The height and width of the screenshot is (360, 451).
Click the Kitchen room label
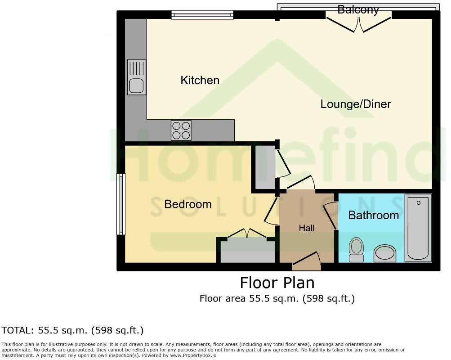click(x=200, y=80)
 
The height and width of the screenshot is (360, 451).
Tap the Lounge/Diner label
click(x=356, y=104)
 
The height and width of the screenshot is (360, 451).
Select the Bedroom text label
click(x=188, y=204)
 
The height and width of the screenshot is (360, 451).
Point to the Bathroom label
click(x=374, y=215)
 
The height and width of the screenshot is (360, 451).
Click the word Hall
click(x=307, y=228)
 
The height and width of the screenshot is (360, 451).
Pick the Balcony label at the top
click(x=358, y=9)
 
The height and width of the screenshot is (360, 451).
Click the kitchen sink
click(x=137, y=77)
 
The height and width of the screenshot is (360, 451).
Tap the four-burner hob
click(x=181, y=130)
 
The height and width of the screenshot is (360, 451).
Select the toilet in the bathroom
click(x=357, y=250)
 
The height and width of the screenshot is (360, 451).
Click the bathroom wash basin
click(x=385, y=253)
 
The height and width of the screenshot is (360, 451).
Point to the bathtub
click(x=418, y=228)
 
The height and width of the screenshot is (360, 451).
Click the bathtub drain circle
click(x=419, y=202)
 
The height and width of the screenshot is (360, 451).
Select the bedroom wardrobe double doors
click(x=247, y=233)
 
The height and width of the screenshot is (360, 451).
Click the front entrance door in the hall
click(x=307, y=261)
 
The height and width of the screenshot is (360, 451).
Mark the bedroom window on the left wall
click(x=121, y=204)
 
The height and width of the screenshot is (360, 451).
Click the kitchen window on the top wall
click(x=202, y=15)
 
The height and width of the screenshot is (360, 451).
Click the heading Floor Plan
click(x=277, y=283)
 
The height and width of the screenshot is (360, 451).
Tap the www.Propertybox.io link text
click(x=193, y=355)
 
